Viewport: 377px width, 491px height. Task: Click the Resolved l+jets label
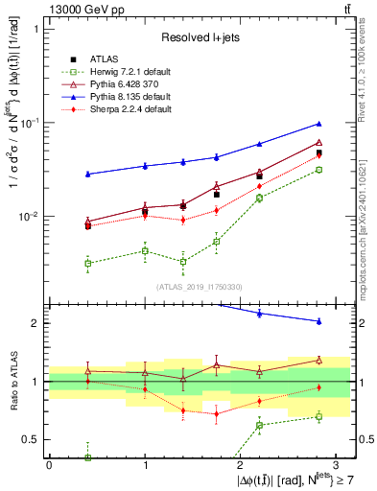coord(200,37)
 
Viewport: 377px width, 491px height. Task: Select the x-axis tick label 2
coord(240,463)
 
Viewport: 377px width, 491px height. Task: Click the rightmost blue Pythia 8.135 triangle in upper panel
coord(318,124)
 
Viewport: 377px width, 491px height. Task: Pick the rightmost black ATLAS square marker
coord(318,152)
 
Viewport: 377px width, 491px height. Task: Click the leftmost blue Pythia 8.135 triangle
coord(87,174)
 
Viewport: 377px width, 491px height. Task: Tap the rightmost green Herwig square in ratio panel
coord(318,416)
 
